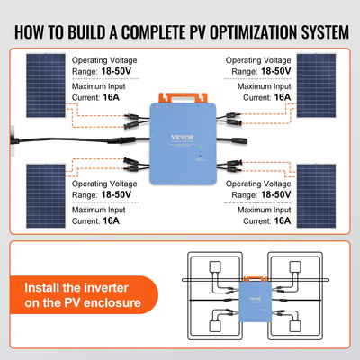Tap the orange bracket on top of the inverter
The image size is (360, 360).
[179, 94]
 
